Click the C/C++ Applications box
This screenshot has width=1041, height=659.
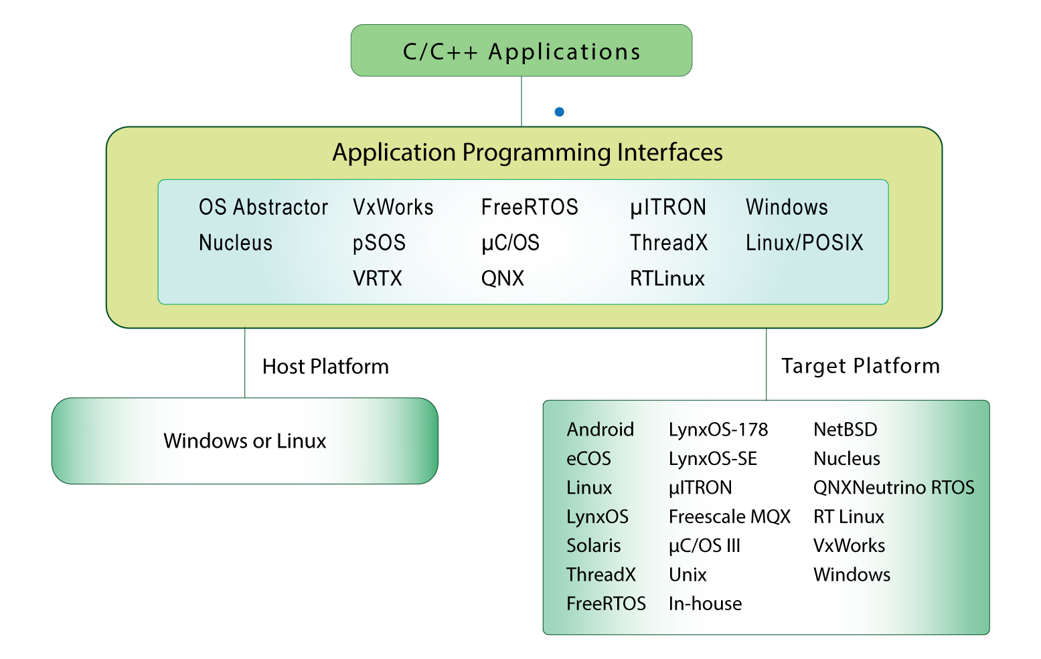point(521,51)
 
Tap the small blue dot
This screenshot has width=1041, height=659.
point(559,112)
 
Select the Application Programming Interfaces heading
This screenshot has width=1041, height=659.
point(528,153)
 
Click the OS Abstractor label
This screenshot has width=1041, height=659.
point(263,207)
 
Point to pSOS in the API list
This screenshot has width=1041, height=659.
point(379,243)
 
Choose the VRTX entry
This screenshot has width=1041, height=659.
point(378,278)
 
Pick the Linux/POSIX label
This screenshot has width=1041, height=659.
point(804,243)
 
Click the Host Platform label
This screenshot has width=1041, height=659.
point(325,367)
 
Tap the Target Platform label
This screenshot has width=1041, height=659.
point(860,366)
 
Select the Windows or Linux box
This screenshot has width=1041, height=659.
point(244,441)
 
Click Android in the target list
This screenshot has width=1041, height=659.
point(600,430)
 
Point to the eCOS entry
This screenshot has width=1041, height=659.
point(588,459)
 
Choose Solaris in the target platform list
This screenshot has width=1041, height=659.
point(593,546)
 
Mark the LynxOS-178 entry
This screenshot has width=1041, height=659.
point(718,430)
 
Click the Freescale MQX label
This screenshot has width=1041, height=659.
point(729,516)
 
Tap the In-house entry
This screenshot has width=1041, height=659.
point(705,603)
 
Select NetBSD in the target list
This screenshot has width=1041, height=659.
point(845,430)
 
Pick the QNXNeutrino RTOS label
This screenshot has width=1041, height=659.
point(894,488)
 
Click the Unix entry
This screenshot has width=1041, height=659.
point(688,575)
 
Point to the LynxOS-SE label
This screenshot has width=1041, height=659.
point(712,459)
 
